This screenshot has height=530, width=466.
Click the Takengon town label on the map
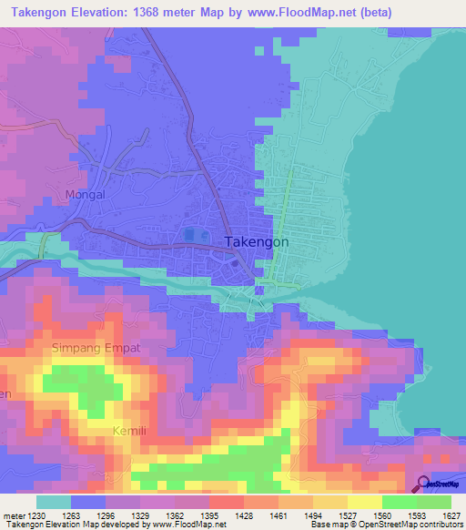[256, 242]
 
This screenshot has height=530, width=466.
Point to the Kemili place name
[129, 430]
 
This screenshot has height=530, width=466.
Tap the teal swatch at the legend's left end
[54, 502]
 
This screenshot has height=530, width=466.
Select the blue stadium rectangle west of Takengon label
[189, 235]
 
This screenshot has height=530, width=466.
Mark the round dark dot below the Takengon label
[235, 264]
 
